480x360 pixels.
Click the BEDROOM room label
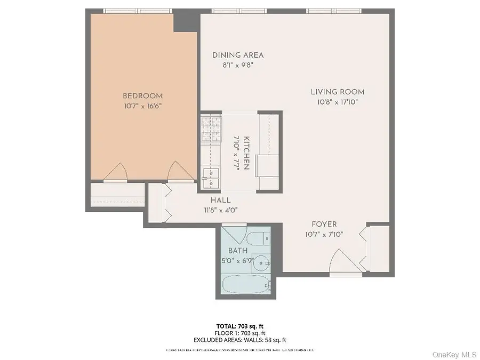(142, 96)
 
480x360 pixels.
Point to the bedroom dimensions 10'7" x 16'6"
(142, 106)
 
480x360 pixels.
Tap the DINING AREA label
(238, 55)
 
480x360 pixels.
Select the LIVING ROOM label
(338, 92)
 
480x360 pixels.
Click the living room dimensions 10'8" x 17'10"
(338, 101)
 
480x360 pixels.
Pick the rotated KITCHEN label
(246, 153)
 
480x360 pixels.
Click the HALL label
(220, 200)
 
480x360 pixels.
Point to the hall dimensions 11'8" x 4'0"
(220, 210)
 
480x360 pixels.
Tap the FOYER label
(324, 224)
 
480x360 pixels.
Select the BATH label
(238, 250)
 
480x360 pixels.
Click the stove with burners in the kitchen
(211, 129)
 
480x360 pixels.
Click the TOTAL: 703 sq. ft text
(240, 325)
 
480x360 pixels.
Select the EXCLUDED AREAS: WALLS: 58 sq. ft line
(240, 339)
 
